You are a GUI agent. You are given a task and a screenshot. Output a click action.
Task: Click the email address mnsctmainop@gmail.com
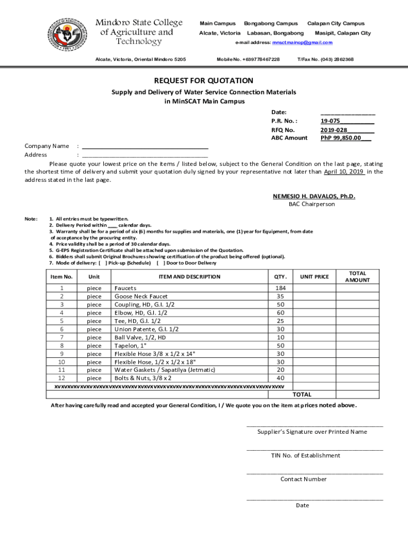coord(302,42)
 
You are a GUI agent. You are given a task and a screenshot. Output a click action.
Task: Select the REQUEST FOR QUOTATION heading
coord(203,81)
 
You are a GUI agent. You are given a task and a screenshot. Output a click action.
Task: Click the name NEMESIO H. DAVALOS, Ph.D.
coord(314,196)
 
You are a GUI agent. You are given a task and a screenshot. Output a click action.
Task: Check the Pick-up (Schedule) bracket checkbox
coord(103,263)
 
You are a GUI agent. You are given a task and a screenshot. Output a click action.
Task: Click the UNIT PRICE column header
coord(314,277)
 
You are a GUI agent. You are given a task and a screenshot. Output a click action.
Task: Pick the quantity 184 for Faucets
coord(280,288)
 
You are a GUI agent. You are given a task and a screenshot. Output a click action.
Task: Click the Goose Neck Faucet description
coord(141,296)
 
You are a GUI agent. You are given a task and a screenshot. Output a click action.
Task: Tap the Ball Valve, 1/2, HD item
coord(140,337)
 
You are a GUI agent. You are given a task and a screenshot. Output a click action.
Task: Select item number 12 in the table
coord(61,378)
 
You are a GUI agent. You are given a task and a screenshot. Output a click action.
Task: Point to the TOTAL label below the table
coord(302,395)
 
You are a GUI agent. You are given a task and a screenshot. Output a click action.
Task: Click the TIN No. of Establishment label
coord(313,456)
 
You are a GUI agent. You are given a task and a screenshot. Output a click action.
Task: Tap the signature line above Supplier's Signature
coord(314,426)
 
